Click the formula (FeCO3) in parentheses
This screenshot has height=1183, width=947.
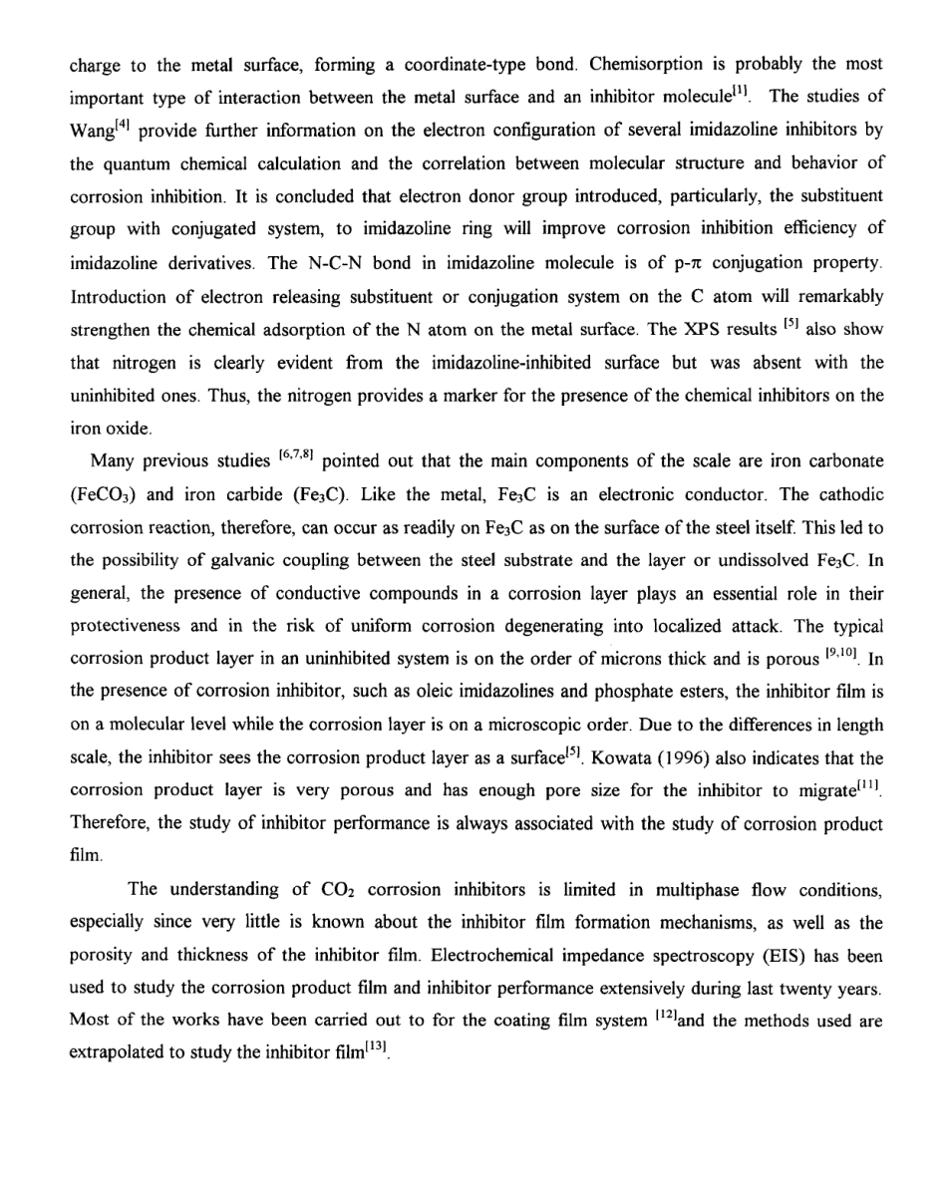[x=103, y=490]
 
